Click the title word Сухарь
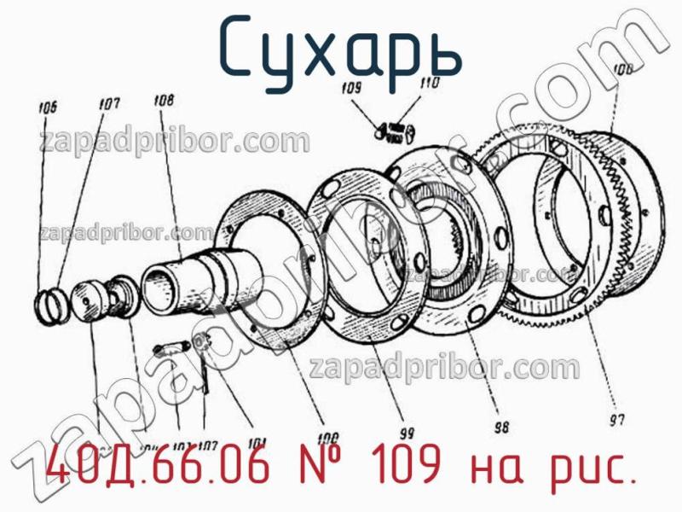pos(340,48)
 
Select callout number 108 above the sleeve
pos(165,100)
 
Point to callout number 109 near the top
pos(351,87)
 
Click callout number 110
pos(429,83)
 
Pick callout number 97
pos(616,418)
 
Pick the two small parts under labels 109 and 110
pos(395,130)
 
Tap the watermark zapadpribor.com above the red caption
pos(443,369)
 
